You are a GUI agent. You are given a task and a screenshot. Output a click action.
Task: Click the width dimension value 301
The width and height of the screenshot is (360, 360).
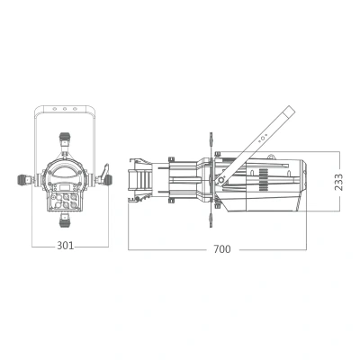coord(65,246)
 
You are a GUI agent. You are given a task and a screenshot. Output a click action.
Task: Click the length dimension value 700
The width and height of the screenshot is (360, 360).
coord(222,249)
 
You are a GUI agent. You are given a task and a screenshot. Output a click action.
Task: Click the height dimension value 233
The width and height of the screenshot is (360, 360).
coord(338,182)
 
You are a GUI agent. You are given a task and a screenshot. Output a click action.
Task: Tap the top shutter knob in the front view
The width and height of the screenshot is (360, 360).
coord(65,138)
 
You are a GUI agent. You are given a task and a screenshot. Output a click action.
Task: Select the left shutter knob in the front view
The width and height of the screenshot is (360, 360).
coord(23,180)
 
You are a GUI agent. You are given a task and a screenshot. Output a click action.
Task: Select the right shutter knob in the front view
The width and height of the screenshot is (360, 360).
coord(108,180)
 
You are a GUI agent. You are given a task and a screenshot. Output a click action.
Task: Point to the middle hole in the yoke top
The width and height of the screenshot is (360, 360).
coord(65,109)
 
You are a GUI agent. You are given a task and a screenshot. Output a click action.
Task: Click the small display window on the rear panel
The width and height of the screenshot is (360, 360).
coord(64,188)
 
